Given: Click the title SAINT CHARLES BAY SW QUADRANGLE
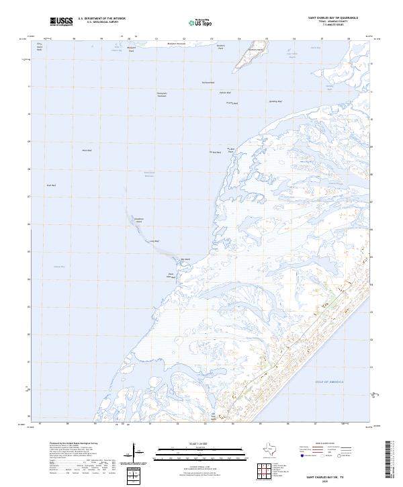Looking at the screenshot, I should coord(332,17).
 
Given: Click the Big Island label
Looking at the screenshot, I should coord(186,259).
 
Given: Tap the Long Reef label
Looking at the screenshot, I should coord(153,240).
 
